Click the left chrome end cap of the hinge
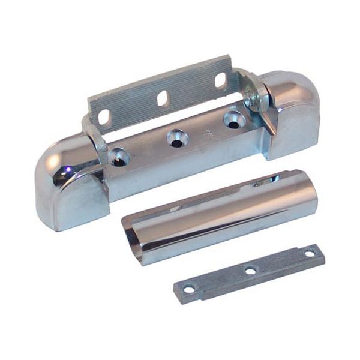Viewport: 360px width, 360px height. tap(66, 186)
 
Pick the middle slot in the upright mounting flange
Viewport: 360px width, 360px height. tap(162, 98)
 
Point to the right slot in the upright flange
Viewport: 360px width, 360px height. tap(220, 79)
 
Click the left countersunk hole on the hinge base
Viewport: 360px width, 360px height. tap(119, 157)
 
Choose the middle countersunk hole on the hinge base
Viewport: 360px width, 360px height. tap(176, 138)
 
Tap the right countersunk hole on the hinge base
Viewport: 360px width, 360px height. tap(233, 119)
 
